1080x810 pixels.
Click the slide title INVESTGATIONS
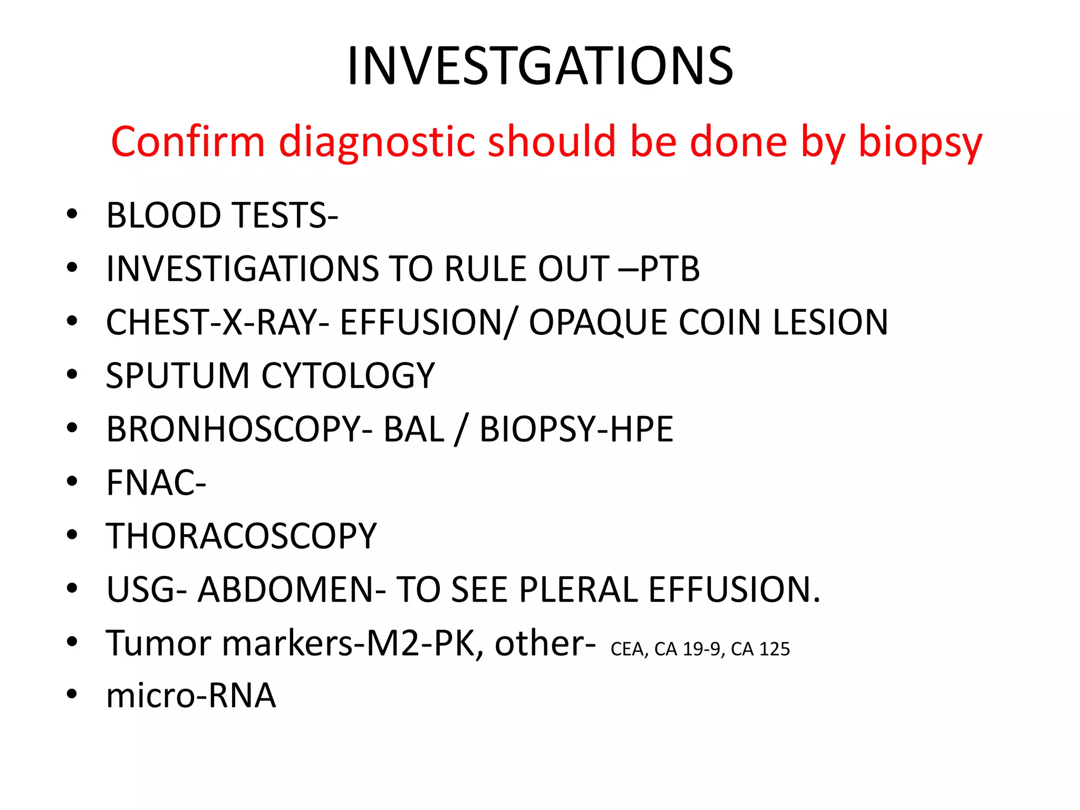[539, 66]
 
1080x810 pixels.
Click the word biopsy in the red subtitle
[920, 142]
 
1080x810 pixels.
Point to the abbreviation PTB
[670, 268]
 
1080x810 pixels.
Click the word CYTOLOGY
[348, 375]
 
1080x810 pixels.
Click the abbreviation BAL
[414, 429]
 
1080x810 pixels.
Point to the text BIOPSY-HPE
[576, 429]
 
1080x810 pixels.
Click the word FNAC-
[156, 483]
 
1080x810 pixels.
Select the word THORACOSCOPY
[242, 536]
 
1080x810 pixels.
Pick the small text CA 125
[760, 649]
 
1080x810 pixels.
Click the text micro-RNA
[191, 695]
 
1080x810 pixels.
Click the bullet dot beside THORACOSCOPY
[72, 535]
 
